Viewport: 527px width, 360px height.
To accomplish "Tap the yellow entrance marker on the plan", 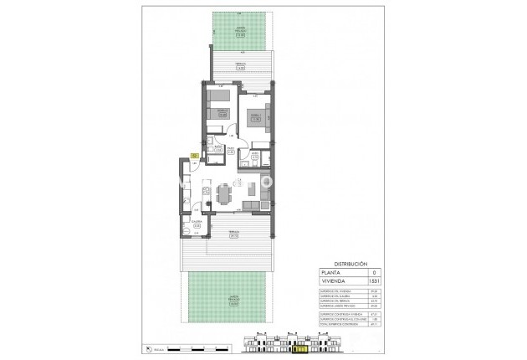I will click(194, 155).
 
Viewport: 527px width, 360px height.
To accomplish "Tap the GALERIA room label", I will click(197, 224).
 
